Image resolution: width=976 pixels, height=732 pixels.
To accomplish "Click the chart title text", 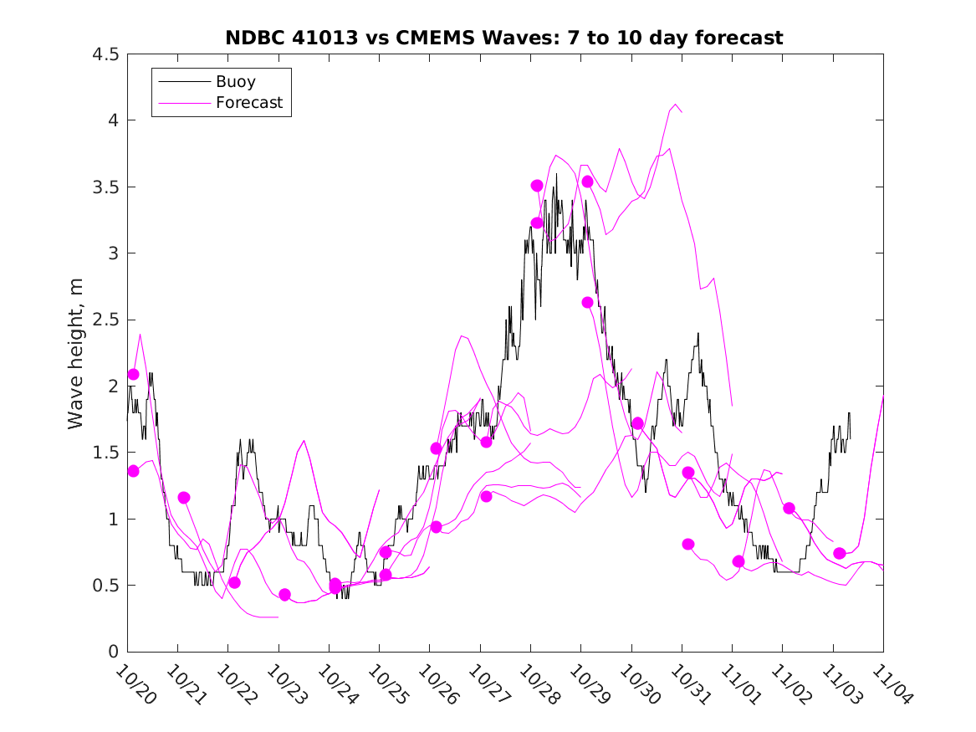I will pos(504,38).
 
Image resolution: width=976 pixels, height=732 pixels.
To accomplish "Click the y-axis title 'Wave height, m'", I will pos(76,353).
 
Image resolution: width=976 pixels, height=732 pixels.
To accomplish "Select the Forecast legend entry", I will pos(249,104).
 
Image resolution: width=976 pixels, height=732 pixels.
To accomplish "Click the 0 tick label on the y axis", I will pos(112,652).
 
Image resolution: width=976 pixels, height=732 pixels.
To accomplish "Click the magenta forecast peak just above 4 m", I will pos(675,105).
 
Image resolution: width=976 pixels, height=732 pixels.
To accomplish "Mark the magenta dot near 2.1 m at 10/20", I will pos(133,374).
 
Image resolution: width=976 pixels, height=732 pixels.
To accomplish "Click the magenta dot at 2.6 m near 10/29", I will pos(587,302).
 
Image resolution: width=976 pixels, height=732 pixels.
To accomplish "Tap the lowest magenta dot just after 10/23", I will pos(284,595).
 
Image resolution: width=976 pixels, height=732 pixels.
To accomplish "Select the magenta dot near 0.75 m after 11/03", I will pos(839,553).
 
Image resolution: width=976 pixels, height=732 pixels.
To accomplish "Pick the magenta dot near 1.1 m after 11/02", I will pos(789,508).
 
